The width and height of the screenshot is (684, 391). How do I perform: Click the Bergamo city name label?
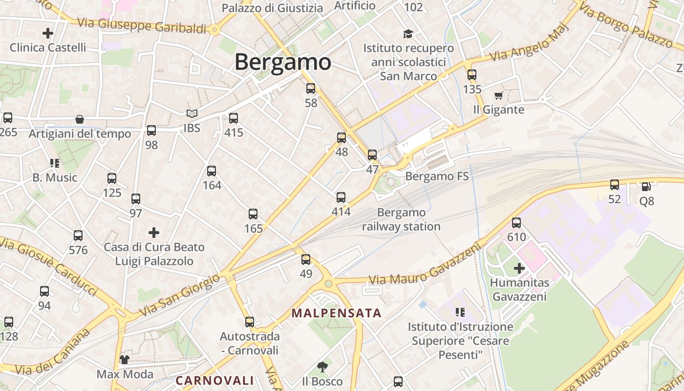coord(282,62)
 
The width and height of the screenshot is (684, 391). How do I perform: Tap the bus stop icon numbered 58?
coord(311,88)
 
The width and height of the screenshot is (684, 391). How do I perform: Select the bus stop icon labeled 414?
coord(341,197)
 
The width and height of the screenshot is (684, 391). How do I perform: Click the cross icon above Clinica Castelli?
coord(48,33)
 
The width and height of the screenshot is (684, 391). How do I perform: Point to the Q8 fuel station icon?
coord(646,186)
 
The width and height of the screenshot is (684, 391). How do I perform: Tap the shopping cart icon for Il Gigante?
coord(498,95)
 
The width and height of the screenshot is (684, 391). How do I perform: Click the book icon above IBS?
coord(192,113)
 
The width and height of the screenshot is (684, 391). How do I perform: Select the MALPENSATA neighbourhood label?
coord(336,313)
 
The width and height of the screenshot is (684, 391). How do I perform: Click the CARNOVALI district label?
coord(214,380)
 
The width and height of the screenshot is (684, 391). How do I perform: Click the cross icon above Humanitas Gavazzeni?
coord(519,268)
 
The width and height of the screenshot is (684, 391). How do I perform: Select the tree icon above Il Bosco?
coord(322,367)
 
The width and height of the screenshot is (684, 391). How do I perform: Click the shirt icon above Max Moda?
coord(125,360)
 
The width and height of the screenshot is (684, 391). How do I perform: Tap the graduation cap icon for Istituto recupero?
coord(408,34)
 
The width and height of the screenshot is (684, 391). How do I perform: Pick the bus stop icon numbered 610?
coord(516,223)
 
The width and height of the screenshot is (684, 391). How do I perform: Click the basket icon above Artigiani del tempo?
coord(80,119)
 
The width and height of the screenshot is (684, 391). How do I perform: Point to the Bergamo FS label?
coord(437,176)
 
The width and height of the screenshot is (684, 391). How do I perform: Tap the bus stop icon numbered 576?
coord(78,236)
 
